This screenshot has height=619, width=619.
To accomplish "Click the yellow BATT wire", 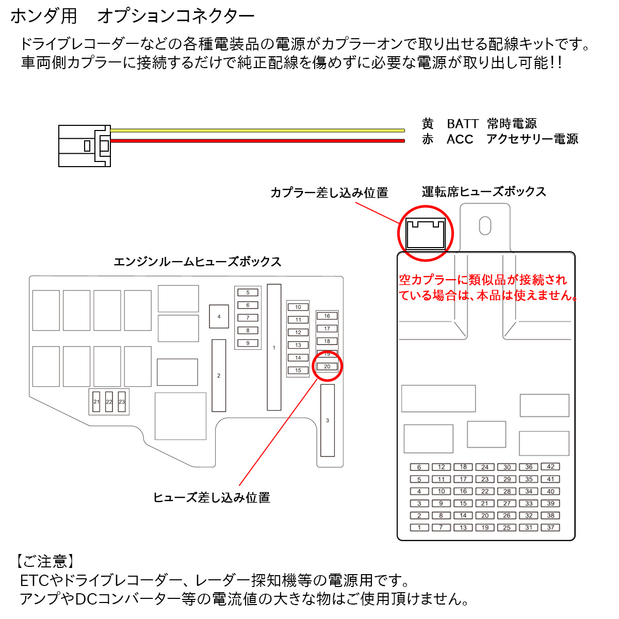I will point(258,131).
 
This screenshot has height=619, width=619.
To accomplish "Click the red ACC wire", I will point(258,140).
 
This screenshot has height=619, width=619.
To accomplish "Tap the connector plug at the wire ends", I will point(85,145).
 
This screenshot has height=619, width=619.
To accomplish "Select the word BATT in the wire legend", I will point(462,124).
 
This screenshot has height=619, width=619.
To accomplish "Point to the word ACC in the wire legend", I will point(460,139).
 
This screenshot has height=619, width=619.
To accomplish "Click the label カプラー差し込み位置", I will point(329,193).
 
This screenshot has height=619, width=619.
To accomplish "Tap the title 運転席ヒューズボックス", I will point(483,192).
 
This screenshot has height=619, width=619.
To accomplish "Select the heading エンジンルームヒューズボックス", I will point(197,262).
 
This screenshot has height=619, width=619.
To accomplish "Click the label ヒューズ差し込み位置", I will point(211,498).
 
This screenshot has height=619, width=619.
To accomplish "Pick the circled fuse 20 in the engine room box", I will point(327,367).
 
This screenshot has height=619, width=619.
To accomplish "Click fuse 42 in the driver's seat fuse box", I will point(550,467).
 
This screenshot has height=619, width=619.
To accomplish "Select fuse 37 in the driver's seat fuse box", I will point(550,528).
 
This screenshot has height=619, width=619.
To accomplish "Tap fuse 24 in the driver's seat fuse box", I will point(485,467).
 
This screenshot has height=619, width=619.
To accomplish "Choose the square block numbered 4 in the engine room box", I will point(219,317).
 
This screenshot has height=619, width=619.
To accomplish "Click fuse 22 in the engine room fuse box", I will point(109,402).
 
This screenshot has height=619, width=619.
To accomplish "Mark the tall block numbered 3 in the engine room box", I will point(327,420).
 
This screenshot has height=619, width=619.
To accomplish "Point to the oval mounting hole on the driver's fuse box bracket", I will point(485,225).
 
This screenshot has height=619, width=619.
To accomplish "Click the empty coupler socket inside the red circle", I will point(425,234).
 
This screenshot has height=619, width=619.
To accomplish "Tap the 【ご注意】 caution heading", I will point(45,561).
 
